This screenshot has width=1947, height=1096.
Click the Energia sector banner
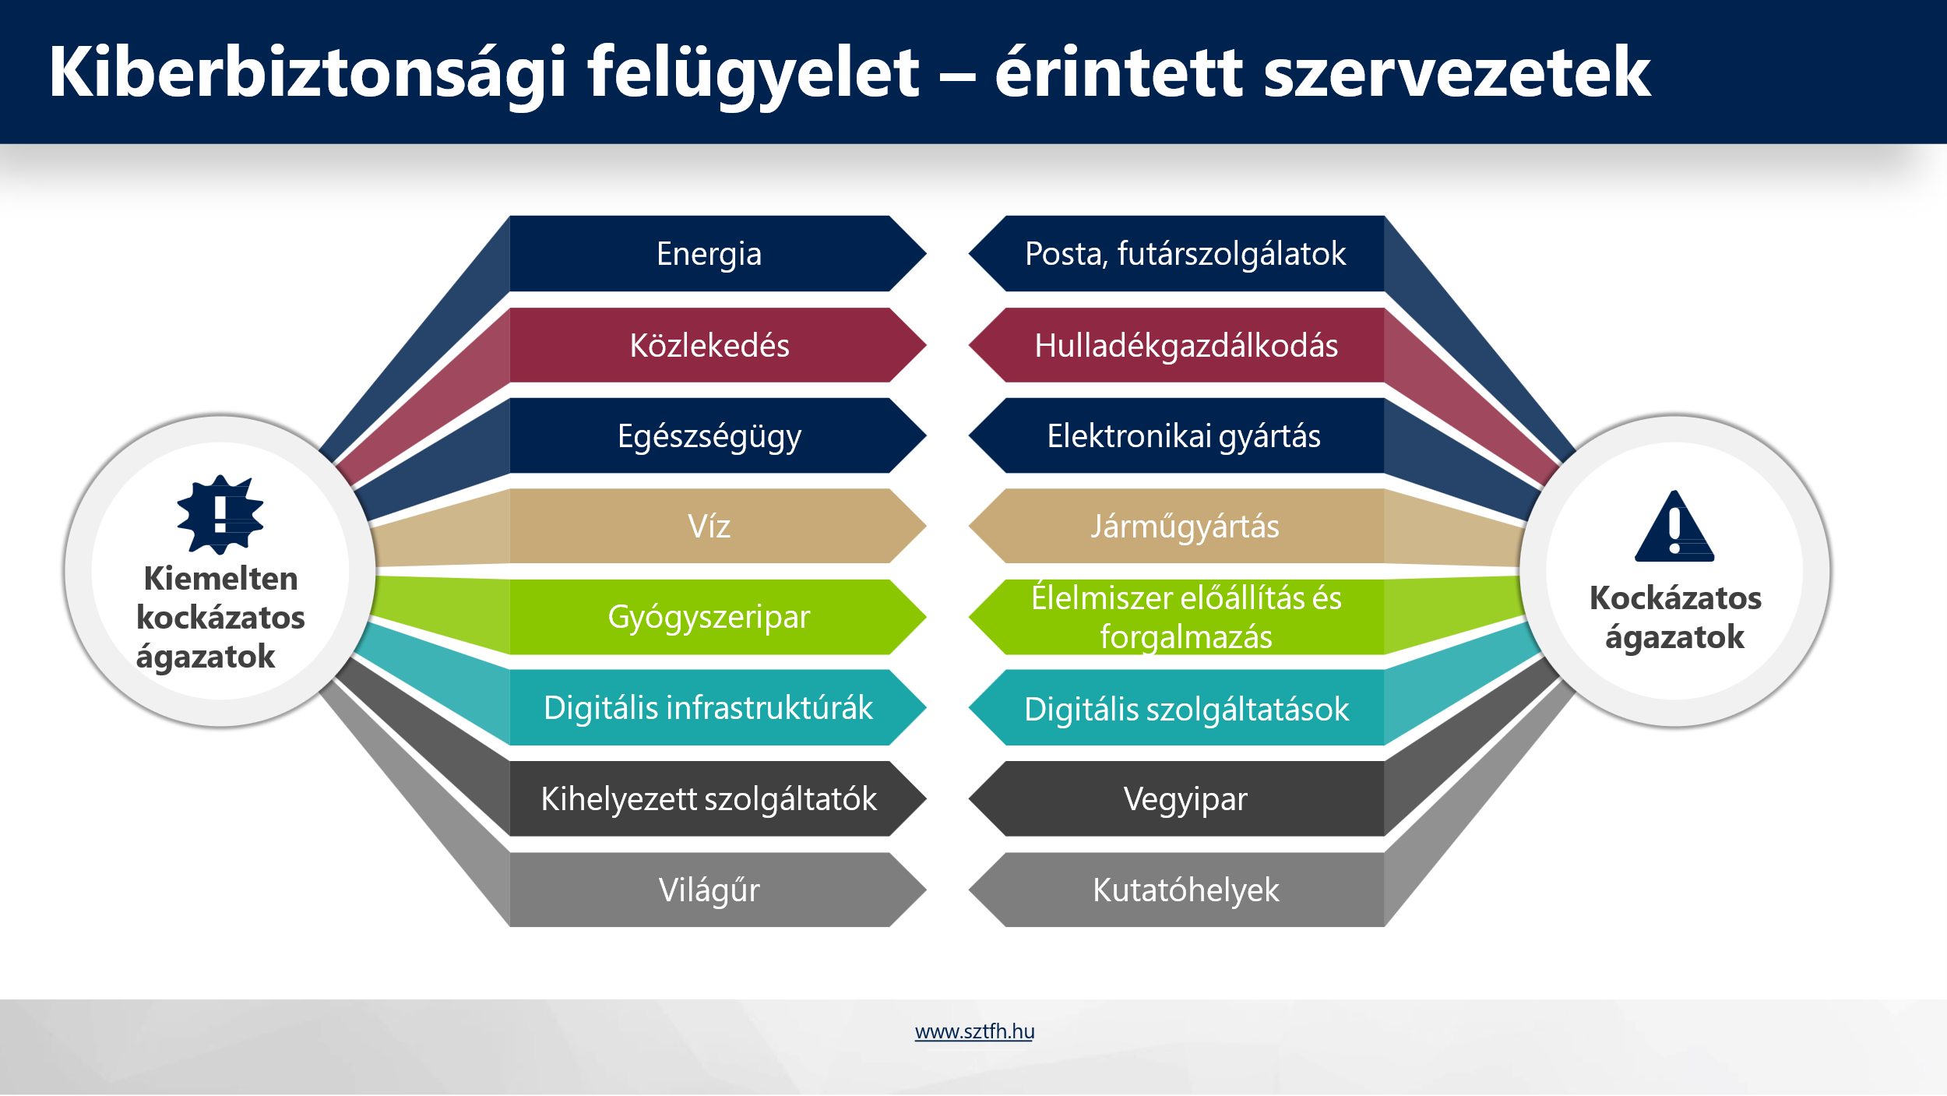717,254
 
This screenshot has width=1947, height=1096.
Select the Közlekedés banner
717,345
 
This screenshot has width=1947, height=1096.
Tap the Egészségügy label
709,437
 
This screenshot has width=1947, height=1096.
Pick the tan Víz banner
717,526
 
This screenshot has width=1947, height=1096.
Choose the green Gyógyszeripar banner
717,617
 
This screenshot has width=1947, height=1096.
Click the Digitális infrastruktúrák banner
717,707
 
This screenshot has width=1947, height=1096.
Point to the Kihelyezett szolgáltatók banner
717,799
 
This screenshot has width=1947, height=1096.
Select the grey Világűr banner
717,890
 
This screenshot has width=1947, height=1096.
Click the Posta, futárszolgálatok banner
1177,254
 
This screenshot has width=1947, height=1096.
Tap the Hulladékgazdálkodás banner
1177,345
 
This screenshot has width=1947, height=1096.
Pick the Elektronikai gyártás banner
1177,435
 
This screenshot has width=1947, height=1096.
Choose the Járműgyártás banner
1177,526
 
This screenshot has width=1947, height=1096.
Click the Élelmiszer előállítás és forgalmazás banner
1177,617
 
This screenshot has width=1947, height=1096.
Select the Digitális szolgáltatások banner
1177,707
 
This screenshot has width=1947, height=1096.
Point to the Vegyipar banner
1177,799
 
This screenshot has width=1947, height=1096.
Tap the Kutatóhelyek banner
1177,890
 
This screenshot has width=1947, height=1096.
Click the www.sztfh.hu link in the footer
974,1031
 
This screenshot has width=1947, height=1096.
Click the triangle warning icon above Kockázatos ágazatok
1674,527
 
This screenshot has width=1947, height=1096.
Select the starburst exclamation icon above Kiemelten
220,515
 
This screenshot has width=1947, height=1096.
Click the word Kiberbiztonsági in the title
308,73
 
